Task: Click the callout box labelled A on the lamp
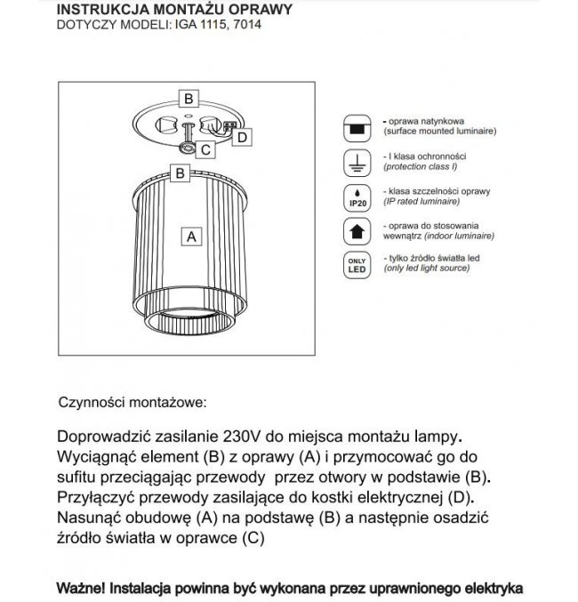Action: point(189,237)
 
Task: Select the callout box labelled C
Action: point(205,150)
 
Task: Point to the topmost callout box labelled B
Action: point(189,98)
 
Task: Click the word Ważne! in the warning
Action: point(82,588)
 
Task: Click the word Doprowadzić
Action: point(101,437)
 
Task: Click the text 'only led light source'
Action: point(433,268)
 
